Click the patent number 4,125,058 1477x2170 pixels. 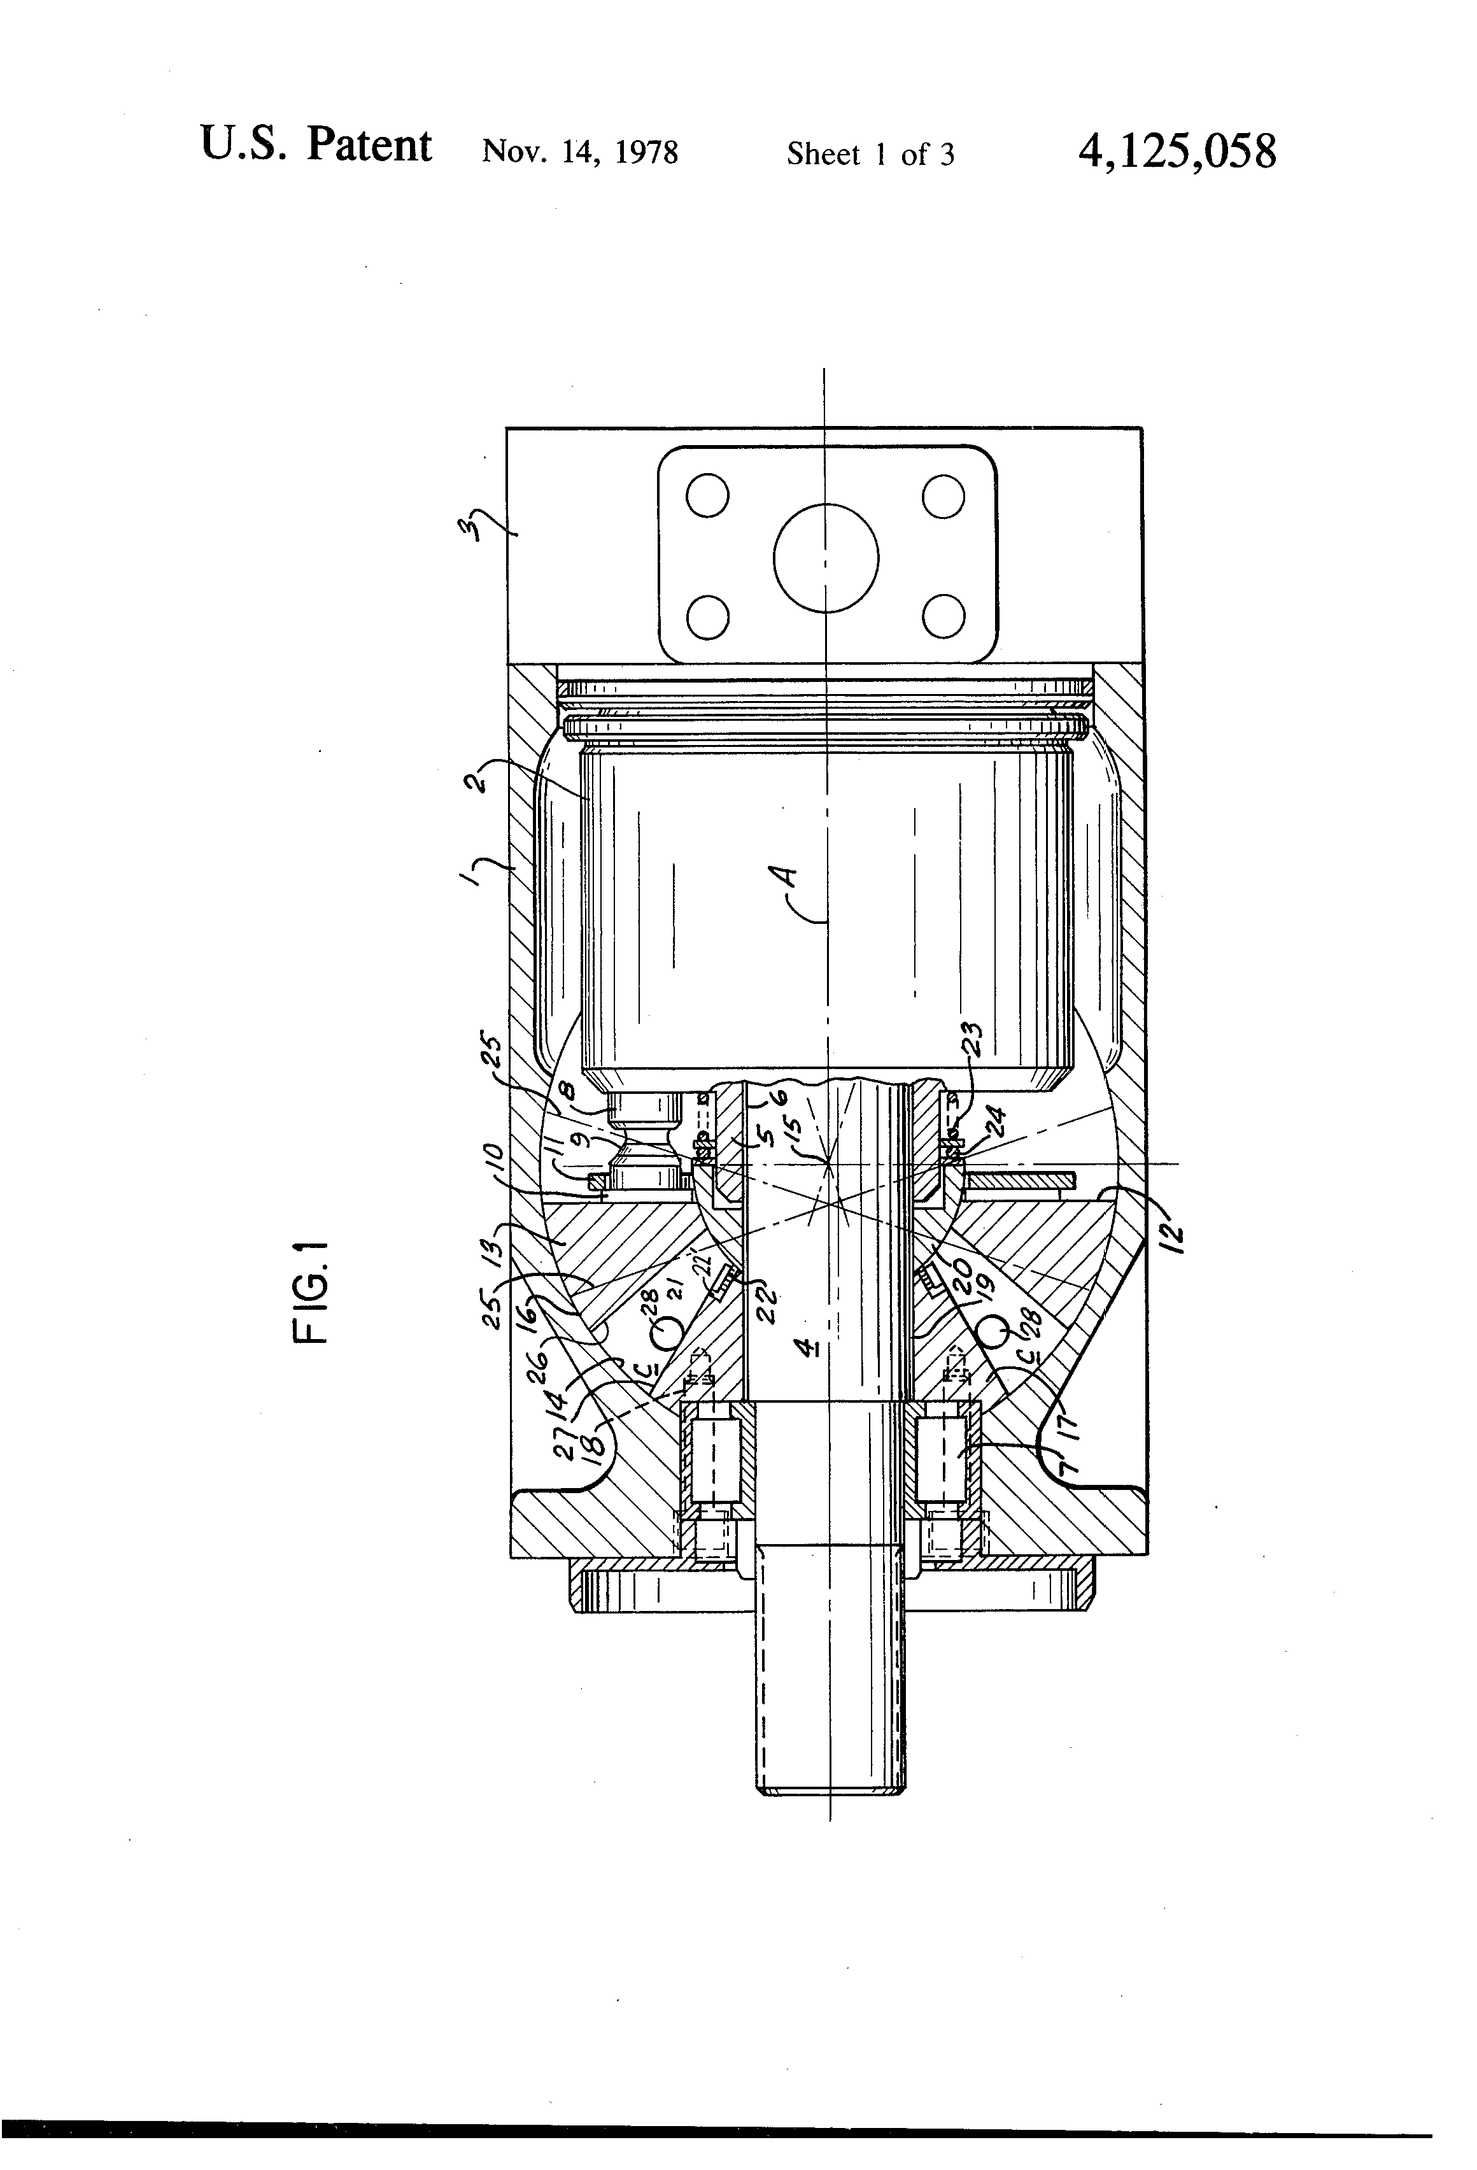tap(1177, 152)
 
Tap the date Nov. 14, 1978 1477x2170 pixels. tap(580, 152)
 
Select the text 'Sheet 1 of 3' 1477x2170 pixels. tap(870, 154)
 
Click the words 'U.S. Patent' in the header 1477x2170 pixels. tap(316, 146)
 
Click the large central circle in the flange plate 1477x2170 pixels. tap(826, 557)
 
